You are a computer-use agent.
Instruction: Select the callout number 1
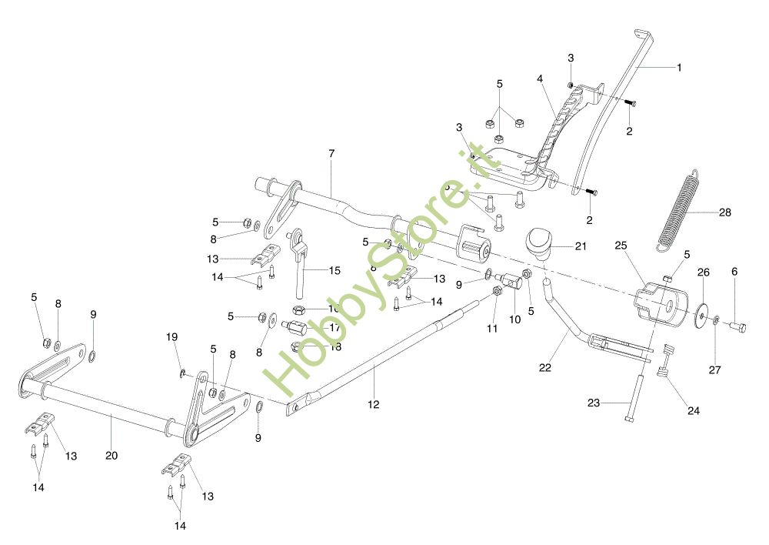(679, 68)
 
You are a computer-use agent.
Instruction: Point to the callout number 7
(331, 154)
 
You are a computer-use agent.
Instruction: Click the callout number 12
(374, 404)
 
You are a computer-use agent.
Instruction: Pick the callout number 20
(112, 456)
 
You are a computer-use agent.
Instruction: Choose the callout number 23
(594, 403)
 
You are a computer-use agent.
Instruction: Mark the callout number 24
(694, 411)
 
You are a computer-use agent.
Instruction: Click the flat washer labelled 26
(701, 314)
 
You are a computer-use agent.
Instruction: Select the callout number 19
(172, 337)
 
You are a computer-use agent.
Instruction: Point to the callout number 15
(335, 271)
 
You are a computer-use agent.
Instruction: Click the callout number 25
(621, 246)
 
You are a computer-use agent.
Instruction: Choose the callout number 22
(545, 368)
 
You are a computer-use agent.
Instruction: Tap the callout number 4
(541, 79)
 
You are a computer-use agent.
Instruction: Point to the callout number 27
(715, 370)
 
